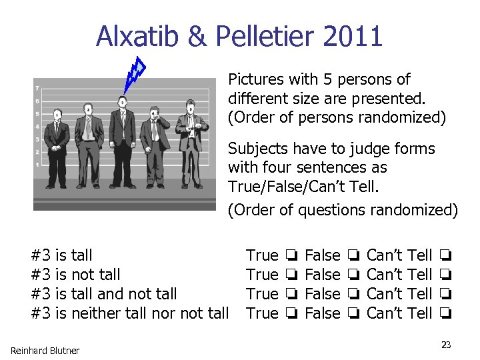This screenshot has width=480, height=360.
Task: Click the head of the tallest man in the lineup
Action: coord(122,102)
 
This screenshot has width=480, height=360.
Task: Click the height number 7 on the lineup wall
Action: coord(38,89)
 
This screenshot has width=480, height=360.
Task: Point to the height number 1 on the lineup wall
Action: coord(38,164)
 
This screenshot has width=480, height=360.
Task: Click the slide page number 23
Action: coord(446,345)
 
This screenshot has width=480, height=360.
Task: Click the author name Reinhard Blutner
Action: coord(45,351)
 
